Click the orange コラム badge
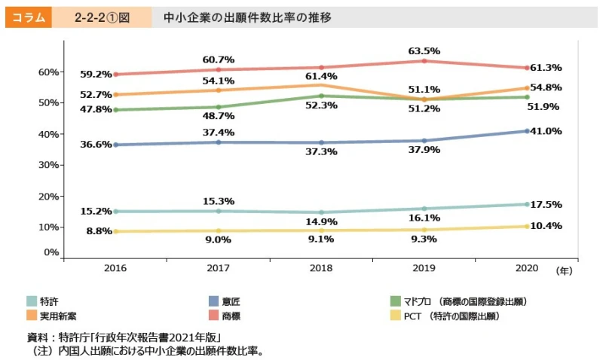(28, 16)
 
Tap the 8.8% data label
(99, 231)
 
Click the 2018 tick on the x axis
(322, 268)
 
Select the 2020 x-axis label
(528, 268)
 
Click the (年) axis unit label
(563, 269)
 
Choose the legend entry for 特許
(50, 301)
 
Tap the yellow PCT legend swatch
(395, 316)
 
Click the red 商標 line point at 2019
(424, 60)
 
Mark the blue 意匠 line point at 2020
(528, 131)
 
